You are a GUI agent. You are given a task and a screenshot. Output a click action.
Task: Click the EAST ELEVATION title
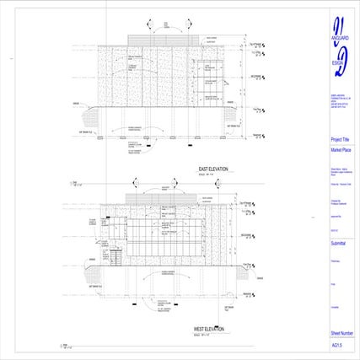(215, 169)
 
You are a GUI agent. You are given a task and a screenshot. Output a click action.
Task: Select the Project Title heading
(341, 139)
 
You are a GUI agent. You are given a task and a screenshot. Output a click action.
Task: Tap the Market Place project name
(341, 149)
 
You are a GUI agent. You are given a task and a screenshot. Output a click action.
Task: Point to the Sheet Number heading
(342, 335)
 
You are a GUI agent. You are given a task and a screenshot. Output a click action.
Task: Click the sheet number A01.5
(336, 345)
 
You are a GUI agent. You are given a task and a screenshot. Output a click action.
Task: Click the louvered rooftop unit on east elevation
(164, 41)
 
